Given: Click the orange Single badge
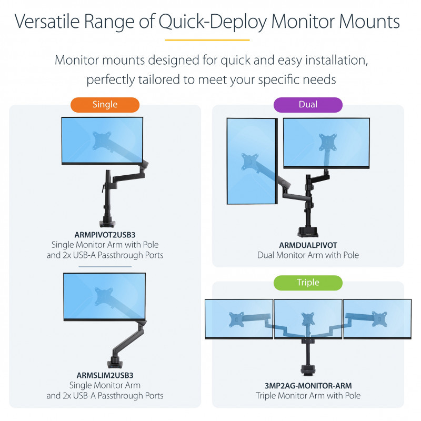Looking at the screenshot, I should click(105, 105).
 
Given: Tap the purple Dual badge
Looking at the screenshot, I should click(308, 105).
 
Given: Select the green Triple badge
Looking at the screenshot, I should click(308, 283).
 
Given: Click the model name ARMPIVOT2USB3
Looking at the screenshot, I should click(105, 235).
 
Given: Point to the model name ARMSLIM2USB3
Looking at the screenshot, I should click(105, 375).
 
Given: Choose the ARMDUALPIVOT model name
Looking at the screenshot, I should click(308, 245).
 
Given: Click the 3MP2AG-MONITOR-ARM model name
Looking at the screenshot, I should click(308, 385).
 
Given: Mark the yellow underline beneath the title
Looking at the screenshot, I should click(207, 40).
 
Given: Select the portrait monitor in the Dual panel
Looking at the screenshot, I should click(252, 161).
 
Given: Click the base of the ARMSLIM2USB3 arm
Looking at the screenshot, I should click(114, 363).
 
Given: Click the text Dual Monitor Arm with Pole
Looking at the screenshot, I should click(308, 255).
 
